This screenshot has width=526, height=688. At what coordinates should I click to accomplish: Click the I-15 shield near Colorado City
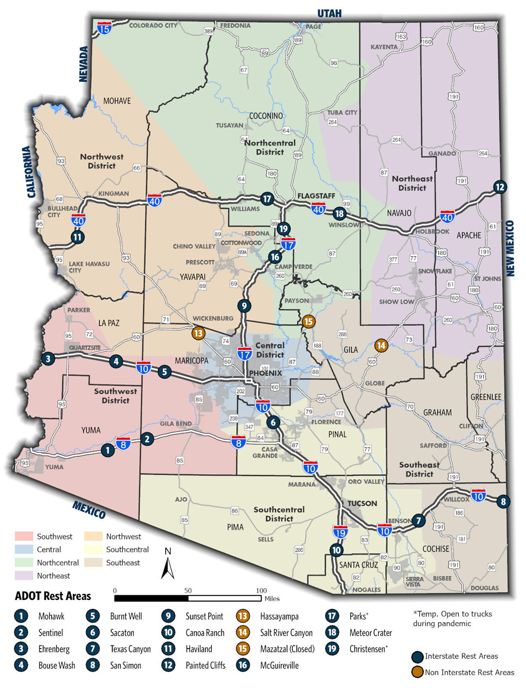click(x=104, y=28)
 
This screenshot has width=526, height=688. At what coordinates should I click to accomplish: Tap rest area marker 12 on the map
click(x=499, y=187)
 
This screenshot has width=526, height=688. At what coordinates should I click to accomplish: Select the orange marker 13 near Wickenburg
click(x=198, y=333)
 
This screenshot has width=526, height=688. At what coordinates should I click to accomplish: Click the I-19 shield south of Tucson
click(x=340, y=532)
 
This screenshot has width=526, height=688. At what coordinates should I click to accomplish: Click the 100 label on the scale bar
click(x=261, y=590)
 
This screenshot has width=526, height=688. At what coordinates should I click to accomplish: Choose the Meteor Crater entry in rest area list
click(x=370, y=633)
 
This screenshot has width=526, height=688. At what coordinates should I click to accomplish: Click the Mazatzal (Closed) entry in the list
click(x=287, y=649)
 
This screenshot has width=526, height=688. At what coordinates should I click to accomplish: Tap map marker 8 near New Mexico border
click(x=503, y=502)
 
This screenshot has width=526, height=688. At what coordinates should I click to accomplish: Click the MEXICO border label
click(x=89, y=508)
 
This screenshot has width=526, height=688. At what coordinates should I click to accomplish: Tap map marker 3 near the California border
click(x=49, y=358)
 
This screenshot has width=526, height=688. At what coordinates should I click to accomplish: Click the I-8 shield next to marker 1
click(x=123, y=443)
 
